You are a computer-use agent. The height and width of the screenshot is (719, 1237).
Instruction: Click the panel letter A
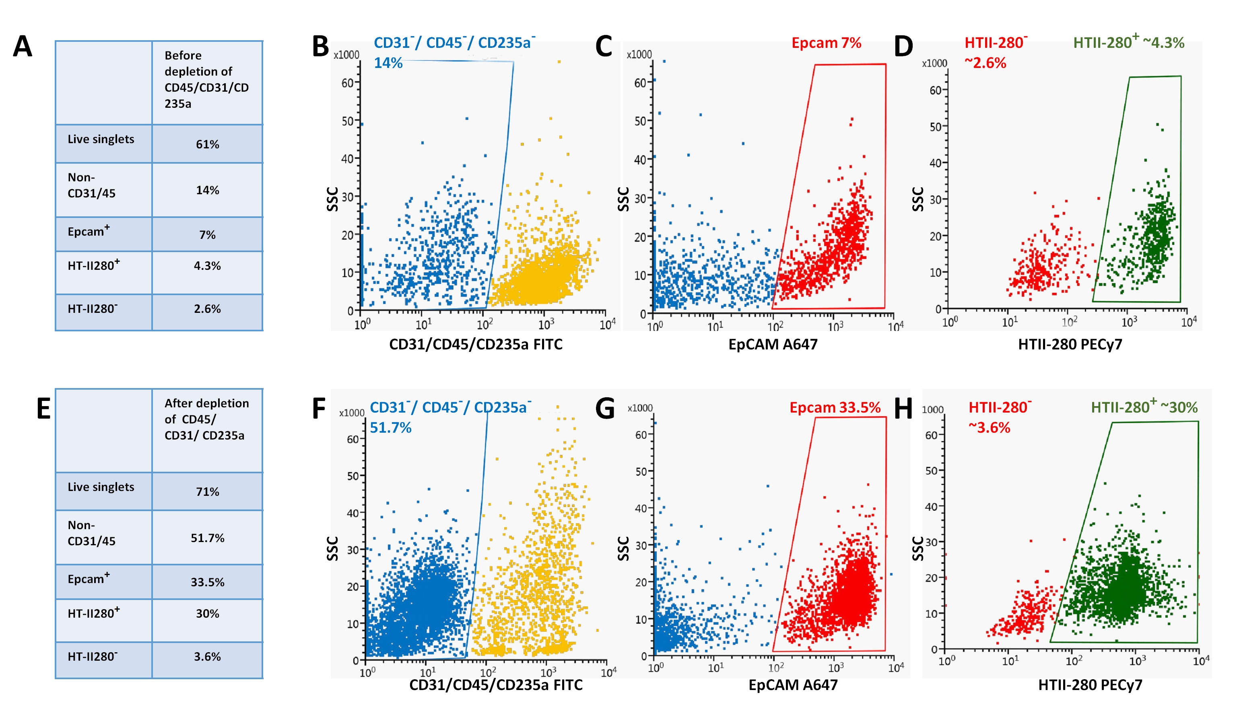(x=23, y=47)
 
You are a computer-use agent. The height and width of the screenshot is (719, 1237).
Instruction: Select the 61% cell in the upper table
(x=207, y=144)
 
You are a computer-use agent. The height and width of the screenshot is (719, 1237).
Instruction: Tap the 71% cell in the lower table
(x=207, y=491)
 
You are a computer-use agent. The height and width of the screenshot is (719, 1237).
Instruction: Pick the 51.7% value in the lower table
(x=207, y=538)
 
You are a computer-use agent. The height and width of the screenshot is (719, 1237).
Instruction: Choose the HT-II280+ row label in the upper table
(x=93, y=265)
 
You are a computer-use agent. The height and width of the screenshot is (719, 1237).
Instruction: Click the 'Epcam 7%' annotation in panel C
(x=826, y=43)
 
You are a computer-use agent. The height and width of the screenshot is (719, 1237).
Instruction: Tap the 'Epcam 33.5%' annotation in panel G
(x=835, y=408)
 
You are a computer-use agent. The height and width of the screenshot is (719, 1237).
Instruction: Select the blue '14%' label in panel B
(x=388, y=63)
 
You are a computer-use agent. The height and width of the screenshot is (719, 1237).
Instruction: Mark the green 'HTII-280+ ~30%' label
(x=1144, y=408)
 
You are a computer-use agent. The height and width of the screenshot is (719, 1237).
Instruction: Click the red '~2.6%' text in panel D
(x=985, y=63)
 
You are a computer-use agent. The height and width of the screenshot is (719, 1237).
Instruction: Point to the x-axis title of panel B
(x=476, y=344)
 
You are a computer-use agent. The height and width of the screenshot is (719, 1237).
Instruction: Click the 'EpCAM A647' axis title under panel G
(x=793, y=685)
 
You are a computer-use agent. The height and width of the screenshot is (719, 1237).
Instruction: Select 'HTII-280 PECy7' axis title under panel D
(x=1070, y=344)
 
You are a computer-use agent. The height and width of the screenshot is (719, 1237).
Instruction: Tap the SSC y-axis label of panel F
(x=333, y=548)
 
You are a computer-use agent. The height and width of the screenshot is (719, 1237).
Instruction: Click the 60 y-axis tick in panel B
(x=348, y=83)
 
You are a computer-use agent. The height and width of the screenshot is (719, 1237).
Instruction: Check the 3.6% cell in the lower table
(x=207, y=657)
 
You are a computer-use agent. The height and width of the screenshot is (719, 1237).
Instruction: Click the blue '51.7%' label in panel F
(x=390, y=428)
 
